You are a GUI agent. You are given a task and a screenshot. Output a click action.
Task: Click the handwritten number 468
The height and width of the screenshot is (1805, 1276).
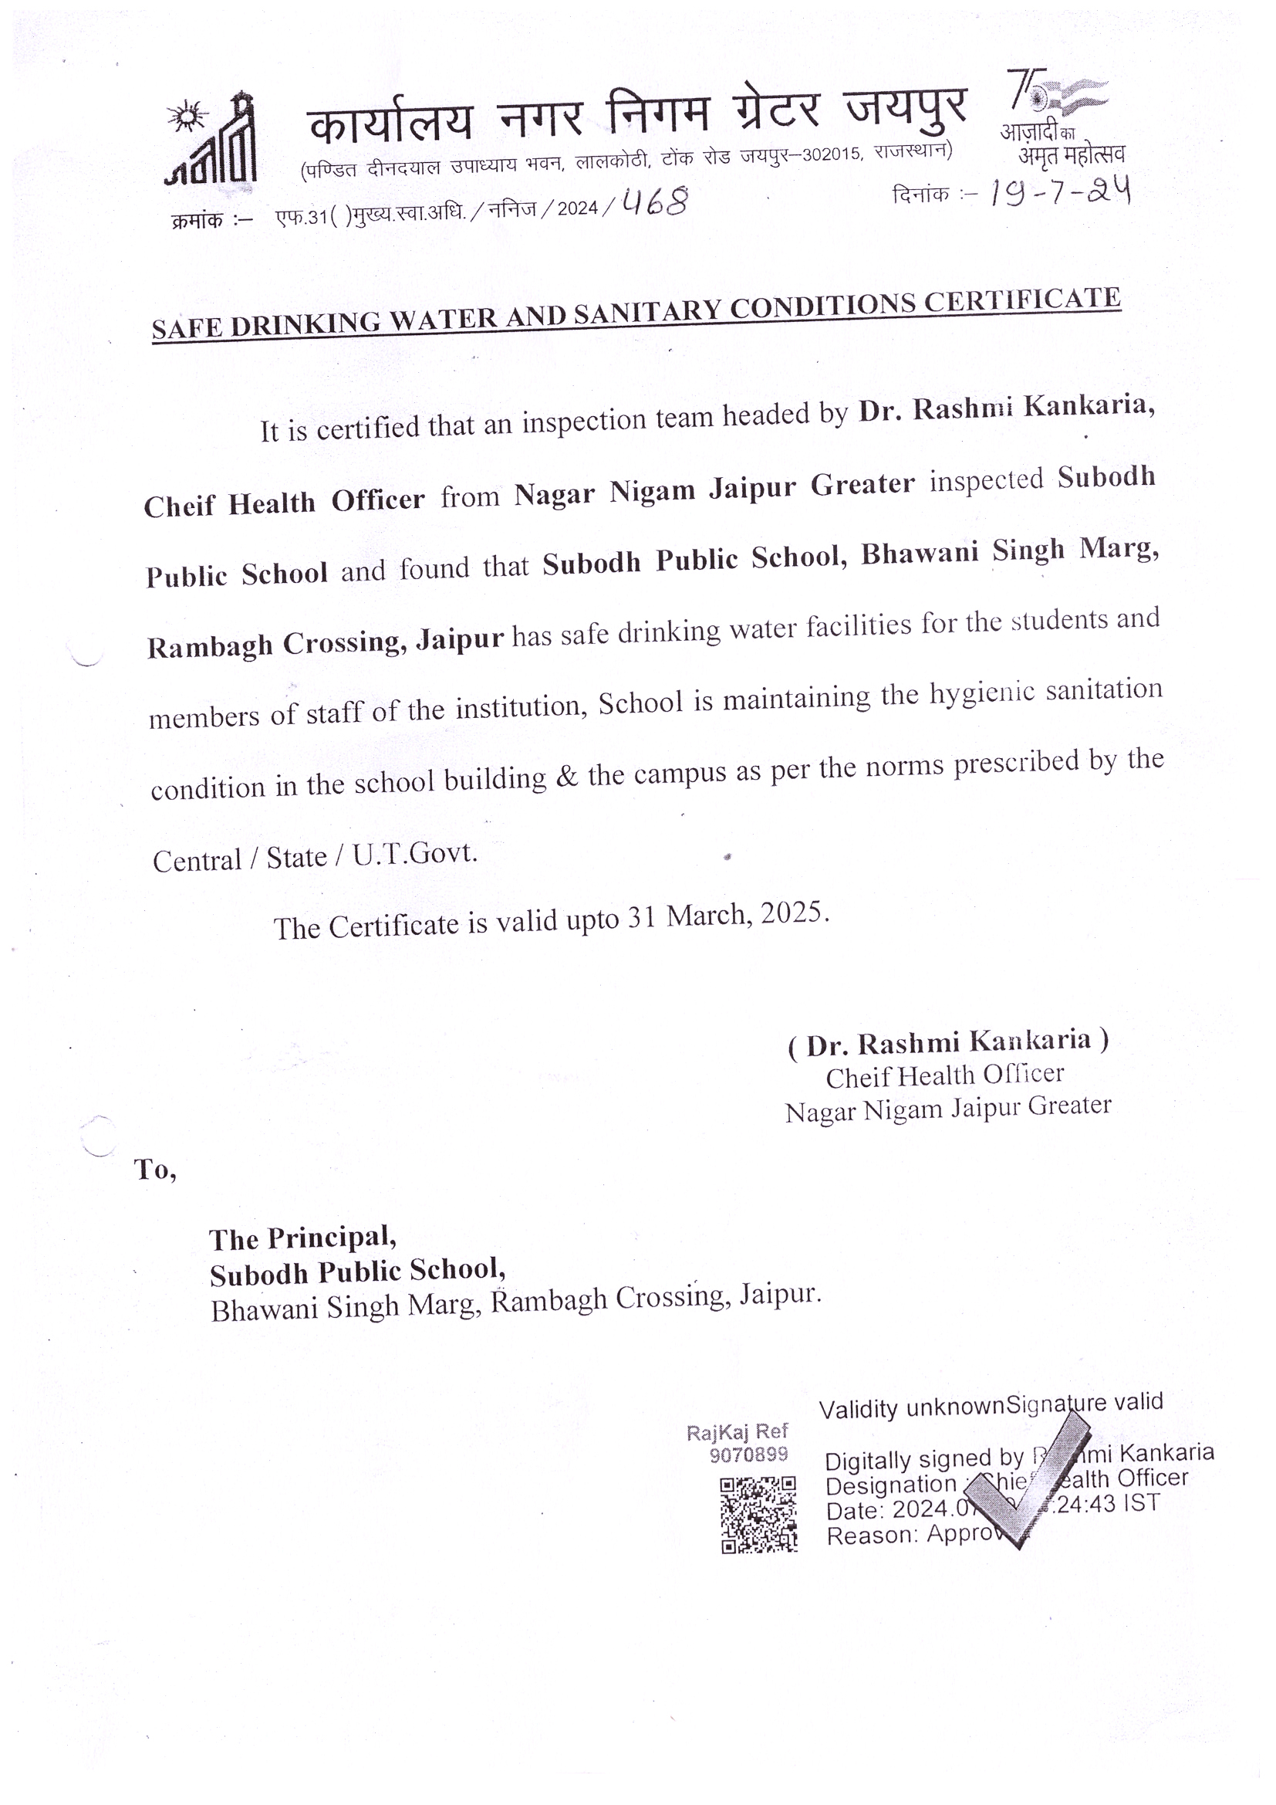point(654,203)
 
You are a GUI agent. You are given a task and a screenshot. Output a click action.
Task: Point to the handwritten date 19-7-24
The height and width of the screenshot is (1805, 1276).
point(1060,191)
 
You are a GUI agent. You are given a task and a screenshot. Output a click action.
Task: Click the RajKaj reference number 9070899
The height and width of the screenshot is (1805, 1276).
point(748,1455)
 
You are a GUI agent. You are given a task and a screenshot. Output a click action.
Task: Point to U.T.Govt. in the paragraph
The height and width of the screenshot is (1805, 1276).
point(415,854)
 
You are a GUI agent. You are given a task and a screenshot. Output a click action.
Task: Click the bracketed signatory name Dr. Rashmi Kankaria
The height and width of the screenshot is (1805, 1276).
point(948,1042)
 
